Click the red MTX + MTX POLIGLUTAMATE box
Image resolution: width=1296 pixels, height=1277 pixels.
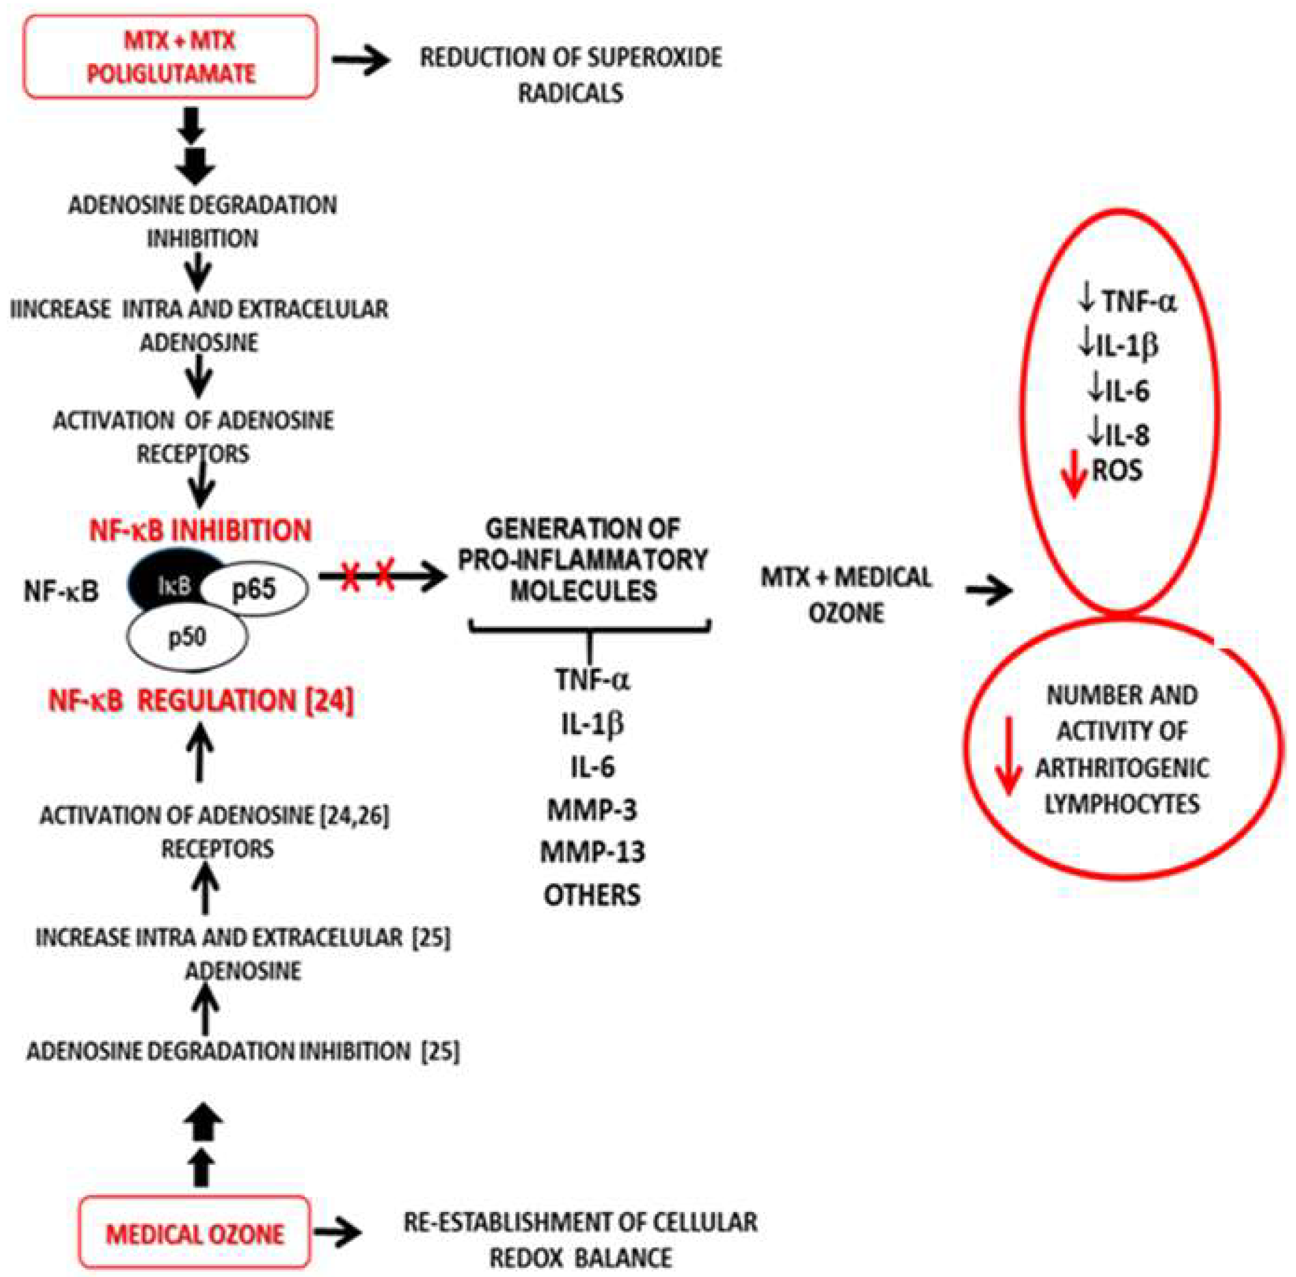(171, 57)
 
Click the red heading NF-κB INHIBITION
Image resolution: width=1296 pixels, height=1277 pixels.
(200, 530)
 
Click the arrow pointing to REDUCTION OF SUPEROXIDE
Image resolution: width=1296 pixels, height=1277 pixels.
(361, 61)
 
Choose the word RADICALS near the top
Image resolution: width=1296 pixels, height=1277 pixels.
(571, 93)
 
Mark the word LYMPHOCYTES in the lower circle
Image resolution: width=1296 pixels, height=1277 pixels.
(1122, 803)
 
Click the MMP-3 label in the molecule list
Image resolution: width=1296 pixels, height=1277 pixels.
(592, 810)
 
